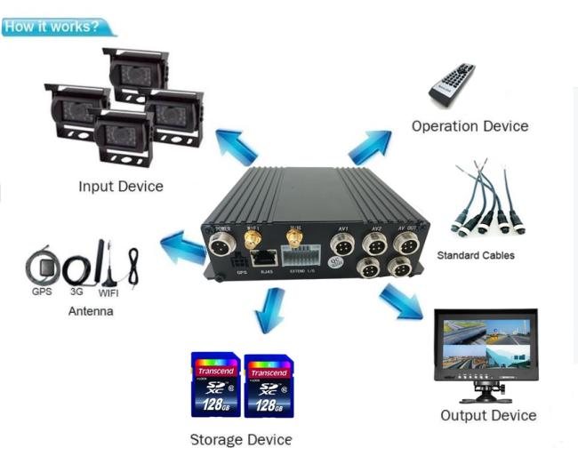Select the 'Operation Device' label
pos(470,126)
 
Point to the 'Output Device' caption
pos(488,416)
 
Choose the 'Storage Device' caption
pos(240,440)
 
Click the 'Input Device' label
pos(121,187)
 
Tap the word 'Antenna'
pos(91,312)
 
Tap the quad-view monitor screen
pos(485,344)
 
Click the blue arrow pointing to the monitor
pos(404,303)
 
